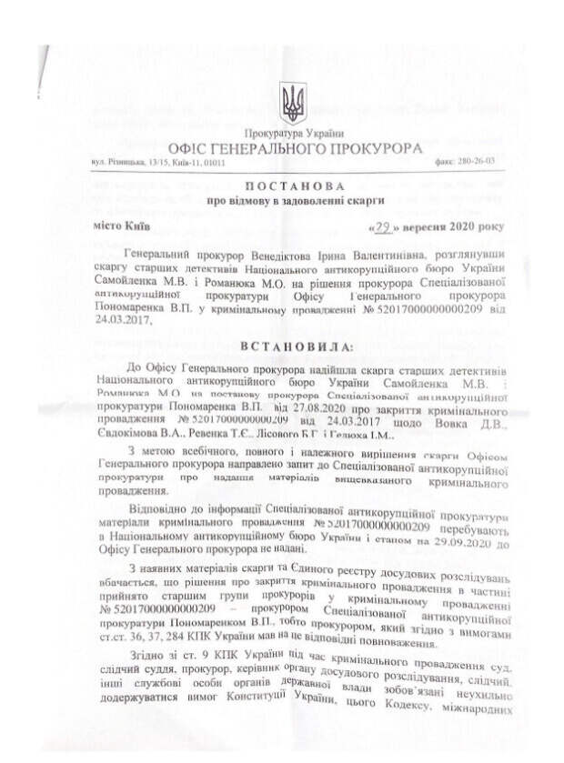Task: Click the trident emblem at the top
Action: tap(293, 103)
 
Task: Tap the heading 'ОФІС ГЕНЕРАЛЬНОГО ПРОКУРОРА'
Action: tap(295, 147)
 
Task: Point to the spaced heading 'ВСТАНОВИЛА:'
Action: tap(294, 346)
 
